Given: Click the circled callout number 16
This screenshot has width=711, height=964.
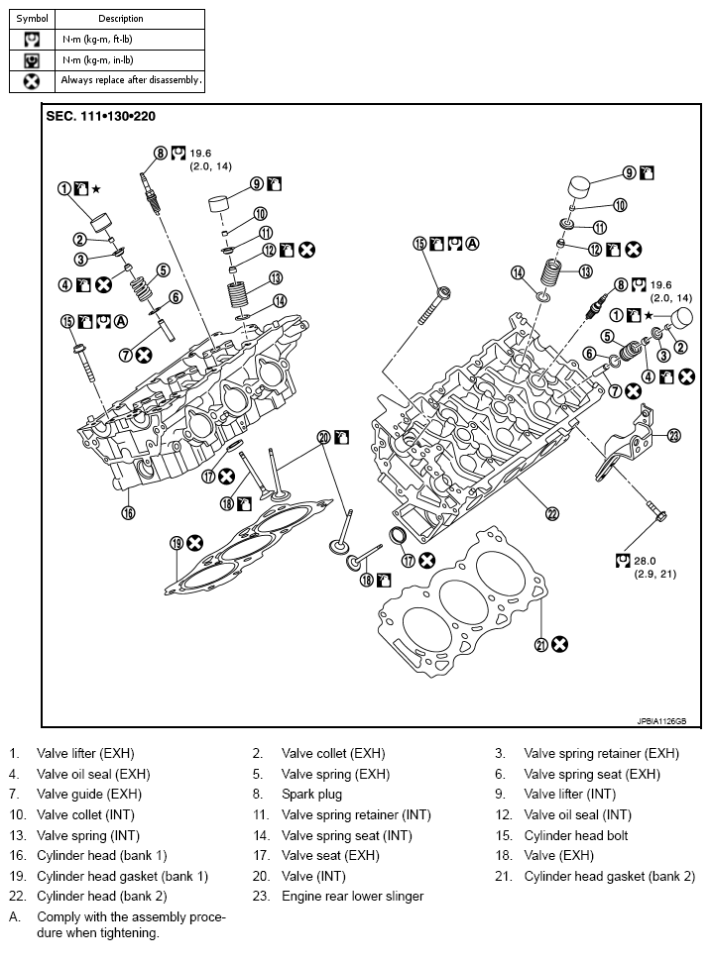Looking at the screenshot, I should pyautogui.click(x=128, y=512).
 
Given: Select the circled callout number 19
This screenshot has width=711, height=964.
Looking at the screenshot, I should pyautogui.click(x=176, y=543).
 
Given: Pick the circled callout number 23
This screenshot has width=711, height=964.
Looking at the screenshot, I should pyautogui.click(x=674, y=434).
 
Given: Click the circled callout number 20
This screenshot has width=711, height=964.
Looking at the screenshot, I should pyautogui.click(x=323, y=437).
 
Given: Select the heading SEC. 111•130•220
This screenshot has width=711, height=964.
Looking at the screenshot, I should pyautogui.click(x=100, y=116).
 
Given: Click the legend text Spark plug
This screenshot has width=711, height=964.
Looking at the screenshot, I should pyautogui.click(x=311, y=795).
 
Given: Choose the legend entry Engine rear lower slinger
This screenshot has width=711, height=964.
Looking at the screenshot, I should pyautogui.click(x=352, y=897).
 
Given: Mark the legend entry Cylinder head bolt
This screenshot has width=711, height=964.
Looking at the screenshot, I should pyautogui.click(x=575, y=835).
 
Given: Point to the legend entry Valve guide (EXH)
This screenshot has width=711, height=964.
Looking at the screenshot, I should pyautogui.click(x=89, y=795).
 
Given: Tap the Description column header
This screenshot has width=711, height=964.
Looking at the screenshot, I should pyautogui.click(x=121, y=19).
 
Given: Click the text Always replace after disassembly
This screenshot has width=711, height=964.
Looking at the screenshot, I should pyautogui.click(x=131, y=80).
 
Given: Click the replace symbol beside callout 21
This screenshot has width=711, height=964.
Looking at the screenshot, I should pyautogui.click(x=560, y=644).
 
